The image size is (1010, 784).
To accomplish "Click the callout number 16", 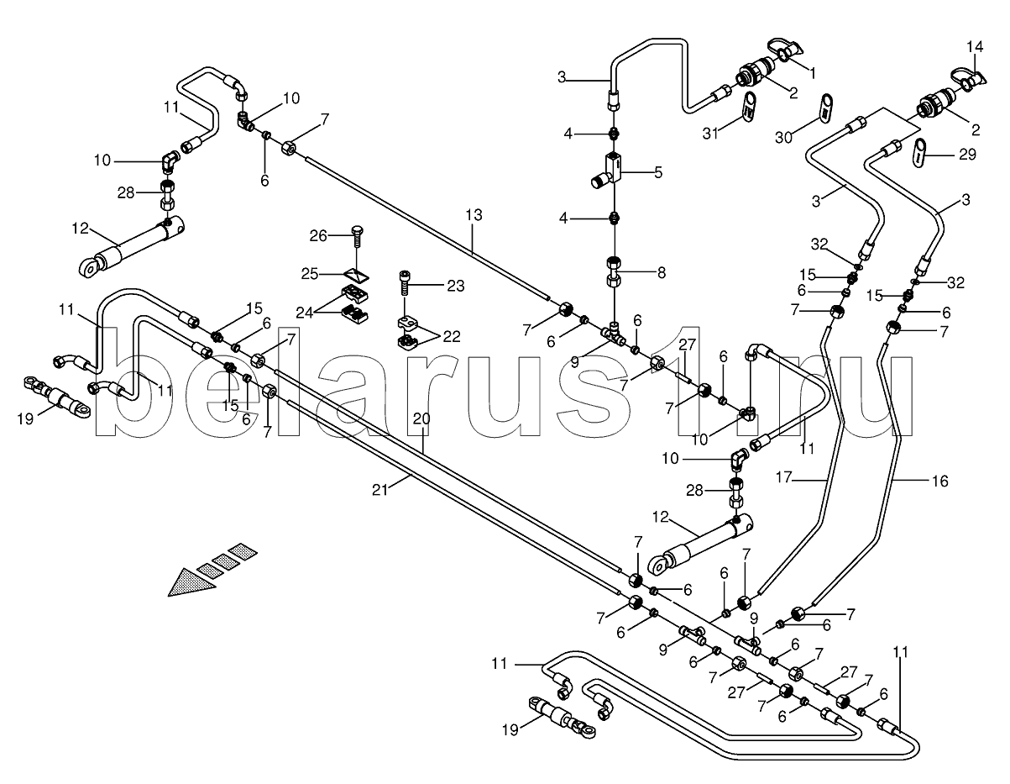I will click(x=939, y=481).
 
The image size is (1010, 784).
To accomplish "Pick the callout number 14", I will click(x=973, y=46).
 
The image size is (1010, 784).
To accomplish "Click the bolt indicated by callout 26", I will click(x=357, y=242).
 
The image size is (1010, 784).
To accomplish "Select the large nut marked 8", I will click(x=614, y=273).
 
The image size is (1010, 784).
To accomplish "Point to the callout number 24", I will click(x=305, y=312).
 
